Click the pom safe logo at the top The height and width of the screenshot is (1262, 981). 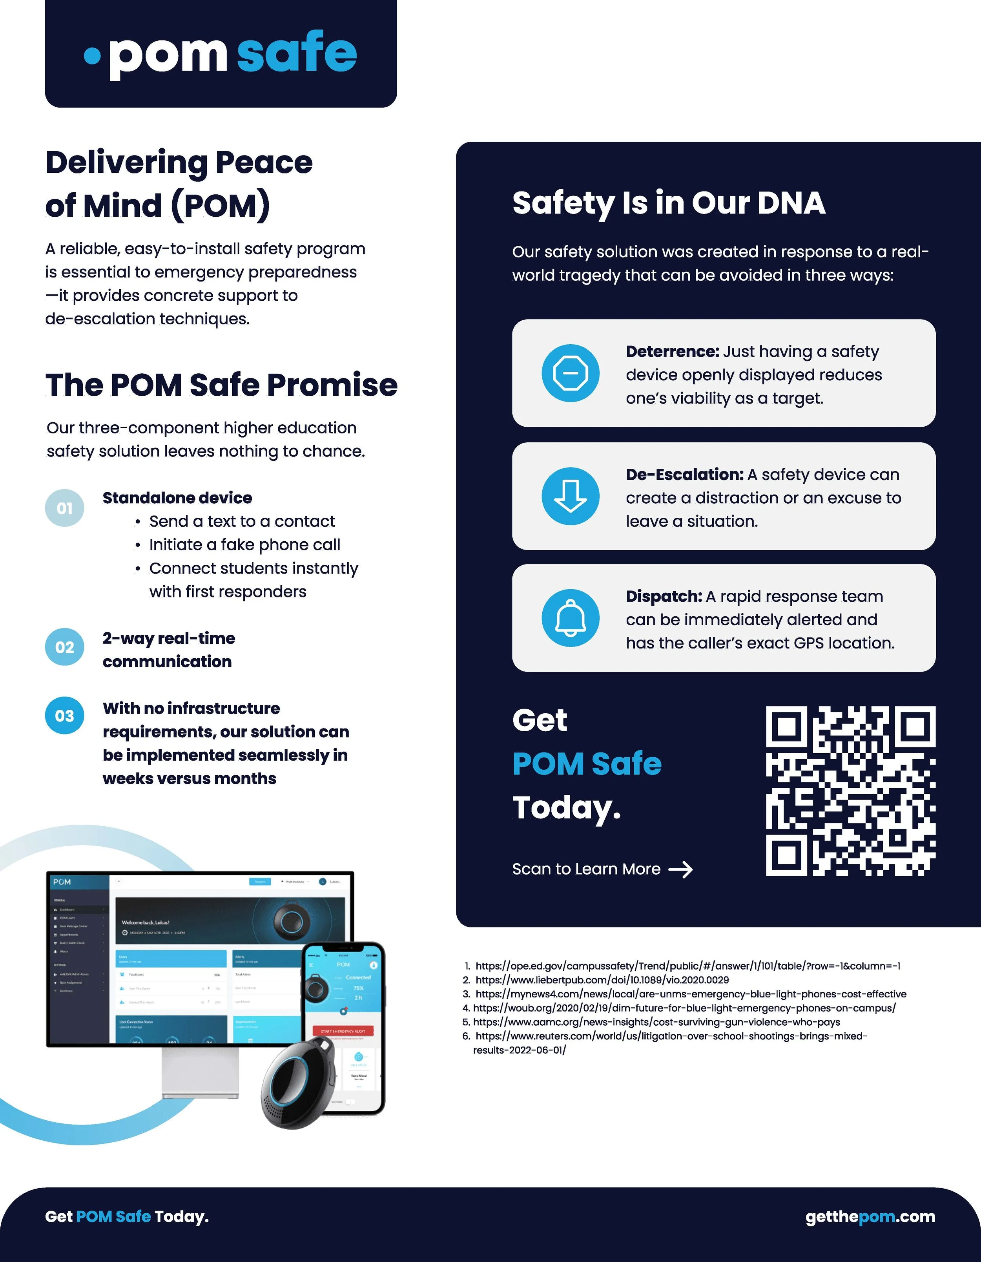click(221, 55)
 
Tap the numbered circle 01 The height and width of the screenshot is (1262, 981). click(65, 508)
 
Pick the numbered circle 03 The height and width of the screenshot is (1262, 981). click(65, 715)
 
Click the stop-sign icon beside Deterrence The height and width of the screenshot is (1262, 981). click(570, 373)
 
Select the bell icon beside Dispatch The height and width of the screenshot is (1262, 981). click(570, 618)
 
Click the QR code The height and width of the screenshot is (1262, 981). click(850, 791)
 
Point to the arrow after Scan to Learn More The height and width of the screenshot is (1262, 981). click(680, 869)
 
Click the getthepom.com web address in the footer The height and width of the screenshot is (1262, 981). click(870, 1216)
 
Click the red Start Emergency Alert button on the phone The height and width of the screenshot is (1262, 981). click(343, 1031)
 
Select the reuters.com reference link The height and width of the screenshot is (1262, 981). click(670, 1036)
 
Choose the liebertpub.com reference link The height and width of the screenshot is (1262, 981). click(602, 980)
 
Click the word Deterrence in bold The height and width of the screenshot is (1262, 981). click(672, 351)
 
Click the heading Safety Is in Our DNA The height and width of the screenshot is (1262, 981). click(668, 203)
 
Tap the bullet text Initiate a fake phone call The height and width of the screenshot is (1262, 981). click(244, 545)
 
